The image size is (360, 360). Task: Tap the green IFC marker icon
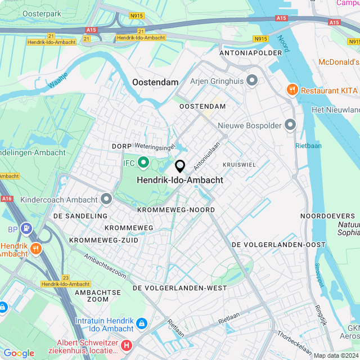click(143, 163)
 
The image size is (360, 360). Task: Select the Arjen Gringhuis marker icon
click(252, 81)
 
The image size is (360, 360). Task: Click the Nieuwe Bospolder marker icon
click(290, 124)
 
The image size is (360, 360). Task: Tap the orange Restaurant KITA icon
click(292, 89)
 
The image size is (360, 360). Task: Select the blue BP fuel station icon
click(26, 229)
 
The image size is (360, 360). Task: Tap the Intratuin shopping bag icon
click(141, 324)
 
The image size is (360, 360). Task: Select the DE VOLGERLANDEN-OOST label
click(278, 245)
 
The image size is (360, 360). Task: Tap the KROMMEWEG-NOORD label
click(176, 210)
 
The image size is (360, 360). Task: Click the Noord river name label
click(283, 44)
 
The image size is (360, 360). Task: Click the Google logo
click(19, 353)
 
